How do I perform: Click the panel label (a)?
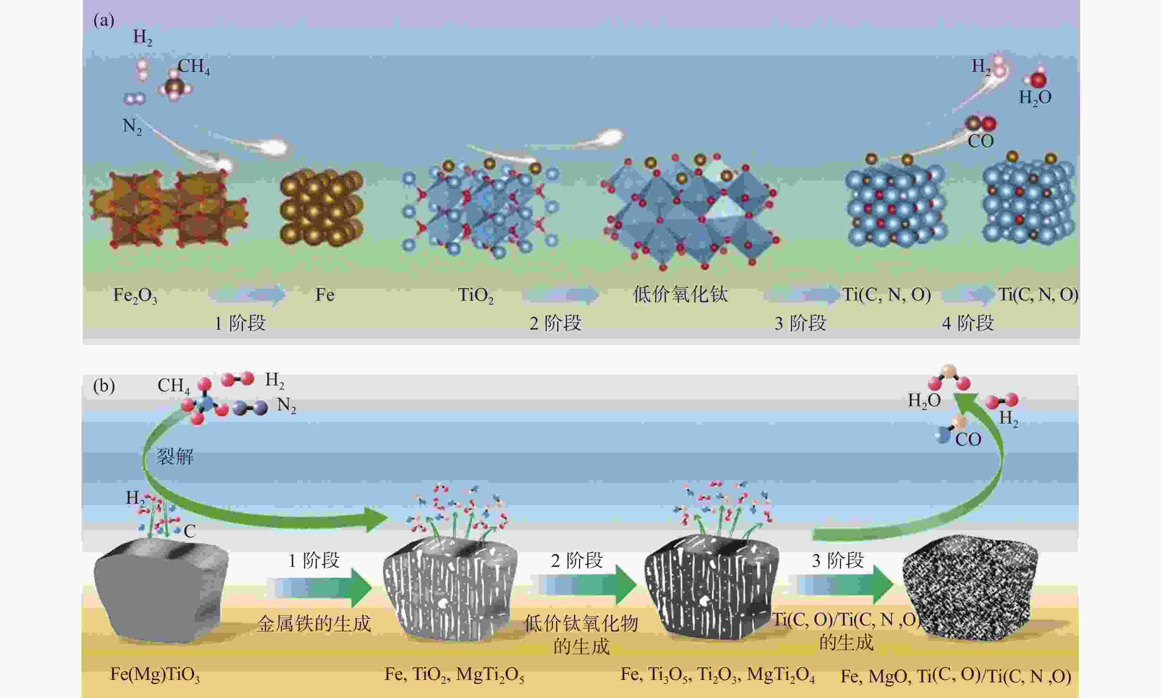pyautogui.click(x=103, y=21)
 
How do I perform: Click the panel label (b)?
pyautogui.click(x=103, y=386)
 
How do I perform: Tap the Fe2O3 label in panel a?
pyautogui.click(x=135, y=295)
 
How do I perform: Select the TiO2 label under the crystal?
pyautogui.click(x=476, y=295)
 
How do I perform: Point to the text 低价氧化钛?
pyautogui.click(x=680, y=295)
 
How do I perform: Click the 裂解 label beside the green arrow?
pyautogui.click(x=175, y=456)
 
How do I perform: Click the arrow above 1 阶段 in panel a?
pyautogui.click(x=247, y=295)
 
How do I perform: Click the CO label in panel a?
pyautogui.click(x=981, y=141)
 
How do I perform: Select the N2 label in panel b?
pyautogui.click(x=287, y=405)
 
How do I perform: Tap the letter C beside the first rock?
pyautogui.click(x=189, y=531)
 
